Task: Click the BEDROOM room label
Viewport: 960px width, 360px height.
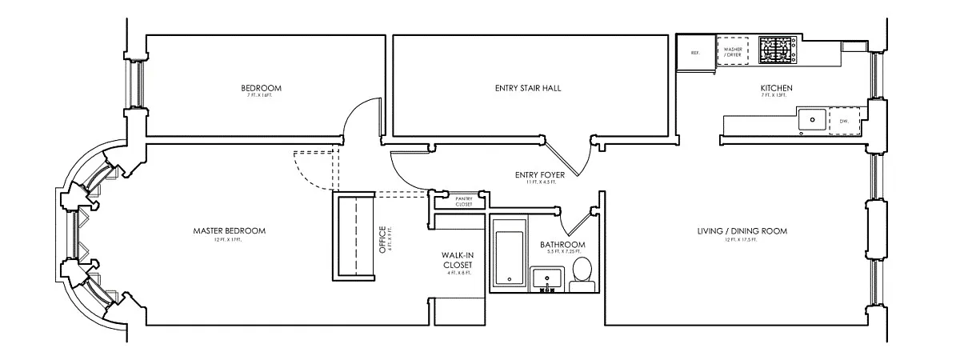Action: (x=262, y=88)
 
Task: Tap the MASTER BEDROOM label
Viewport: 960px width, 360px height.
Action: (x=230, y=231)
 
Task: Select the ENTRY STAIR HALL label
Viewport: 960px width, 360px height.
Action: (x=528, y=88)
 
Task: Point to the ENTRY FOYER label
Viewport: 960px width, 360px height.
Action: (x=541, y=174)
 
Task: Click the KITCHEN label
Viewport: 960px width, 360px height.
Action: (x=776, y=88)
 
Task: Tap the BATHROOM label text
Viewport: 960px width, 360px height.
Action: (x=562, y=244)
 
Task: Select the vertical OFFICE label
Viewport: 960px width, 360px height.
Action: (x=382, y=238)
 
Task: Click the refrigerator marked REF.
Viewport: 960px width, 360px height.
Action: (x=695, y=54)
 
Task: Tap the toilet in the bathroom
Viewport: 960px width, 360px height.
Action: (x=582, y=272)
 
